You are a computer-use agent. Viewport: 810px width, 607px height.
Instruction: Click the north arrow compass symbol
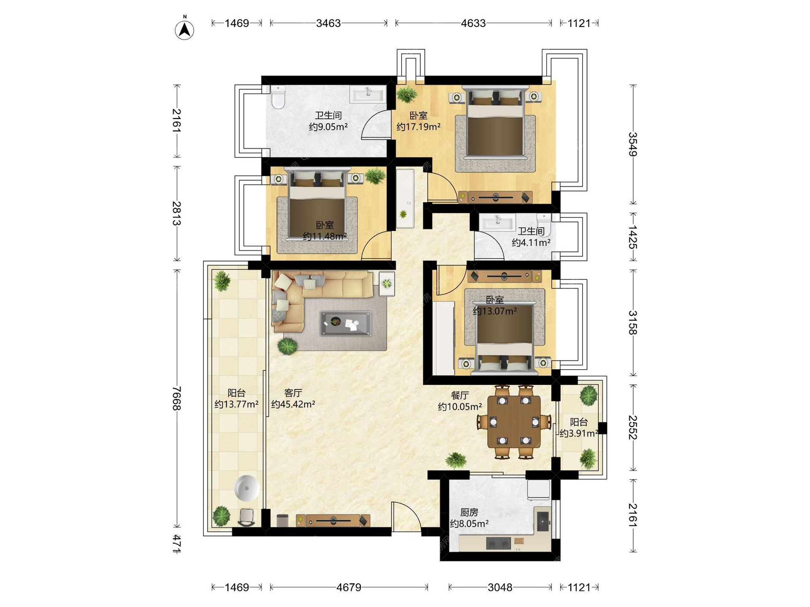[184, 29]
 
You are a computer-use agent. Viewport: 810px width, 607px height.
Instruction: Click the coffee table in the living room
[346, 323]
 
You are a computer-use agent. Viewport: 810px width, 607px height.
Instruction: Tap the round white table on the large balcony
[247, 488]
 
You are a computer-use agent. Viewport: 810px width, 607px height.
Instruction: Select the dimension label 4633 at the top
[473, 23]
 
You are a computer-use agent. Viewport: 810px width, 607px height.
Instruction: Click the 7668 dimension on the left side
[177, 398]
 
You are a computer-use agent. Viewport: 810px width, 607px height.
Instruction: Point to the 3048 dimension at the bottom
[500, 587]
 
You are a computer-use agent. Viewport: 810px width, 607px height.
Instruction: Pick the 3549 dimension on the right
[632, 144]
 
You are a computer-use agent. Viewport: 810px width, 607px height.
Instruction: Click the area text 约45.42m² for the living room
[293, 404]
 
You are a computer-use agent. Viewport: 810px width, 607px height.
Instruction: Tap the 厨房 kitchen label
[469, 512]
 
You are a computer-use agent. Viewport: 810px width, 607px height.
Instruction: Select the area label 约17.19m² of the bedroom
[418, 126]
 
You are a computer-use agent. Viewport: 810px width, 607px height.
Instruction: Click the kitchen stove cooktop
[498, 543]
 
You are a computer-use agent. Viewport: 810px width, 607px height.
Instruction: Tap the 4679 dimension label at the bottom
[349, 587]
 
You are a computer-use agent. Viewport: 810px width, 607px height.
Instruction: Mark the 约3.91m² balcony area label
[578, 433]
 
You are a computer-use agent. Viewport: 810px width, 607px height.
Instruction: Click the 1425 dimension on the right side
[632, 236]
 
